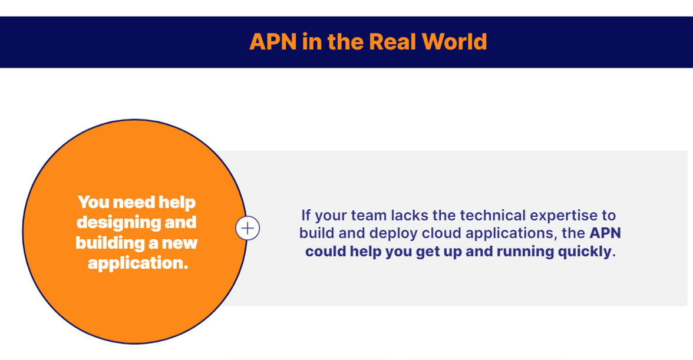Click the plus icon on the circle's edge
pos(247,228)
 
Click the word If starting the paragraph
pos(306,215)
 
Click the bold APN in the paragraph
pos(605,233)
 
